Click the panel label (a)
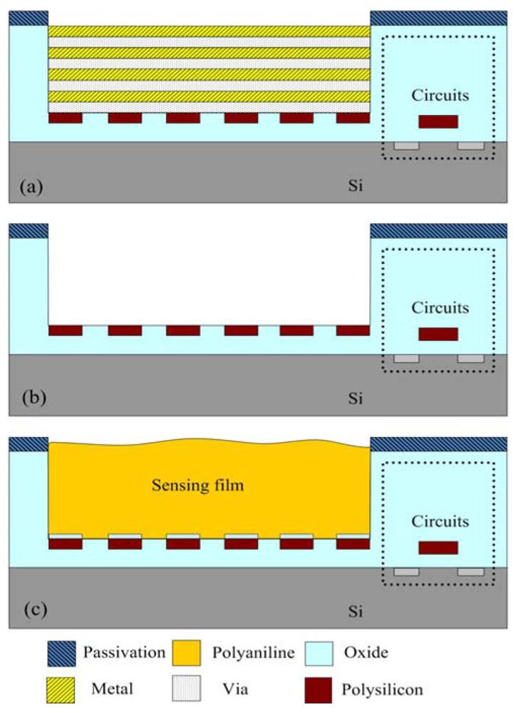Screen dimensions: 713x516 [x=31, y=188]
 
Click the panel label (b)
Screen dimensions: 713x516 [x=31, y=398]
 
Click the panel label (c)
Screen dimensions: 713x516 [x=31, y=610]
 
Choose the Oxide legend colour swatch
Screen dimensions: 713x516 [x=322, y=652]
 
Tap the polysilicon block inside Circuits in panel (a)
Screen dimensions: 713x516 [x=438, y=122]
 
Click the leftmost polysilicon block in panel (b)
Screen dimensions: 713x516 [x=65, y=331]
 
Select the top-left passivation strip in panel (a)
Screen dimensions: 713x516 [x=29, y=18]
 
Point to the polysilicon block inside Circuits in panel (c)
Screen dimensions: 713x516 [x=438, y=548]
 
